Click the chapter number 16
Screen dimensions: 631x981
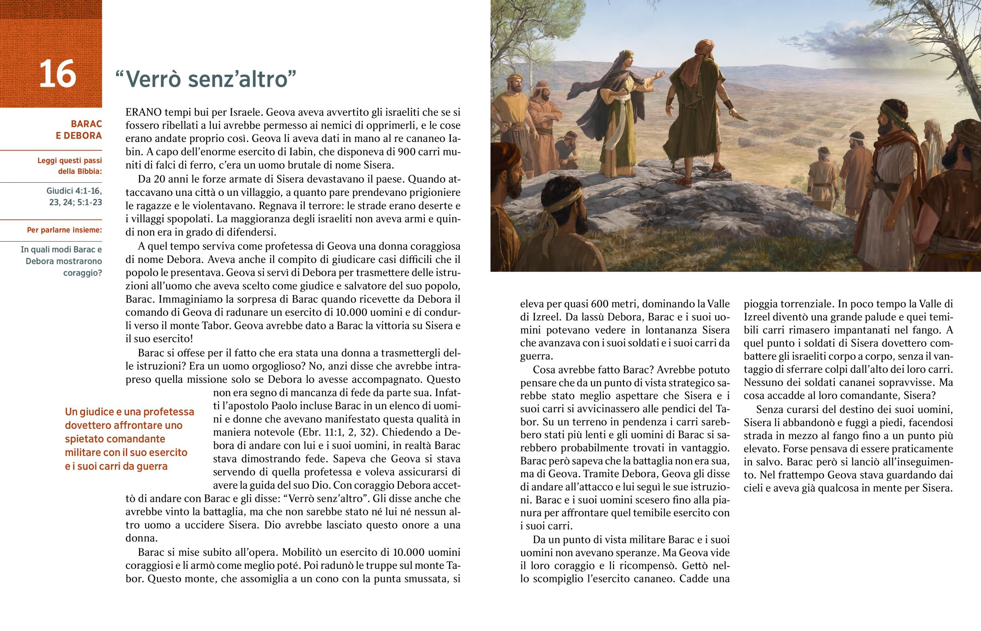[x=57, y=74]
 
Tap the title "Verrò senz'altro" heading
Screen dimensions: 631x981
[x=206, y=79]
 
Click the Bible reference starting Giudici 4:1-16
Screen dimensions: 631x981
[x=74, y=196]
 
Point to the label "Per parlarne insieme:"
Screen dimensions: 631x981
[x=64, y=230]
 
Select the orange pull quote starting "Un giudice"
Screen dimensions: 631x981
[x=129, y=438]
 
